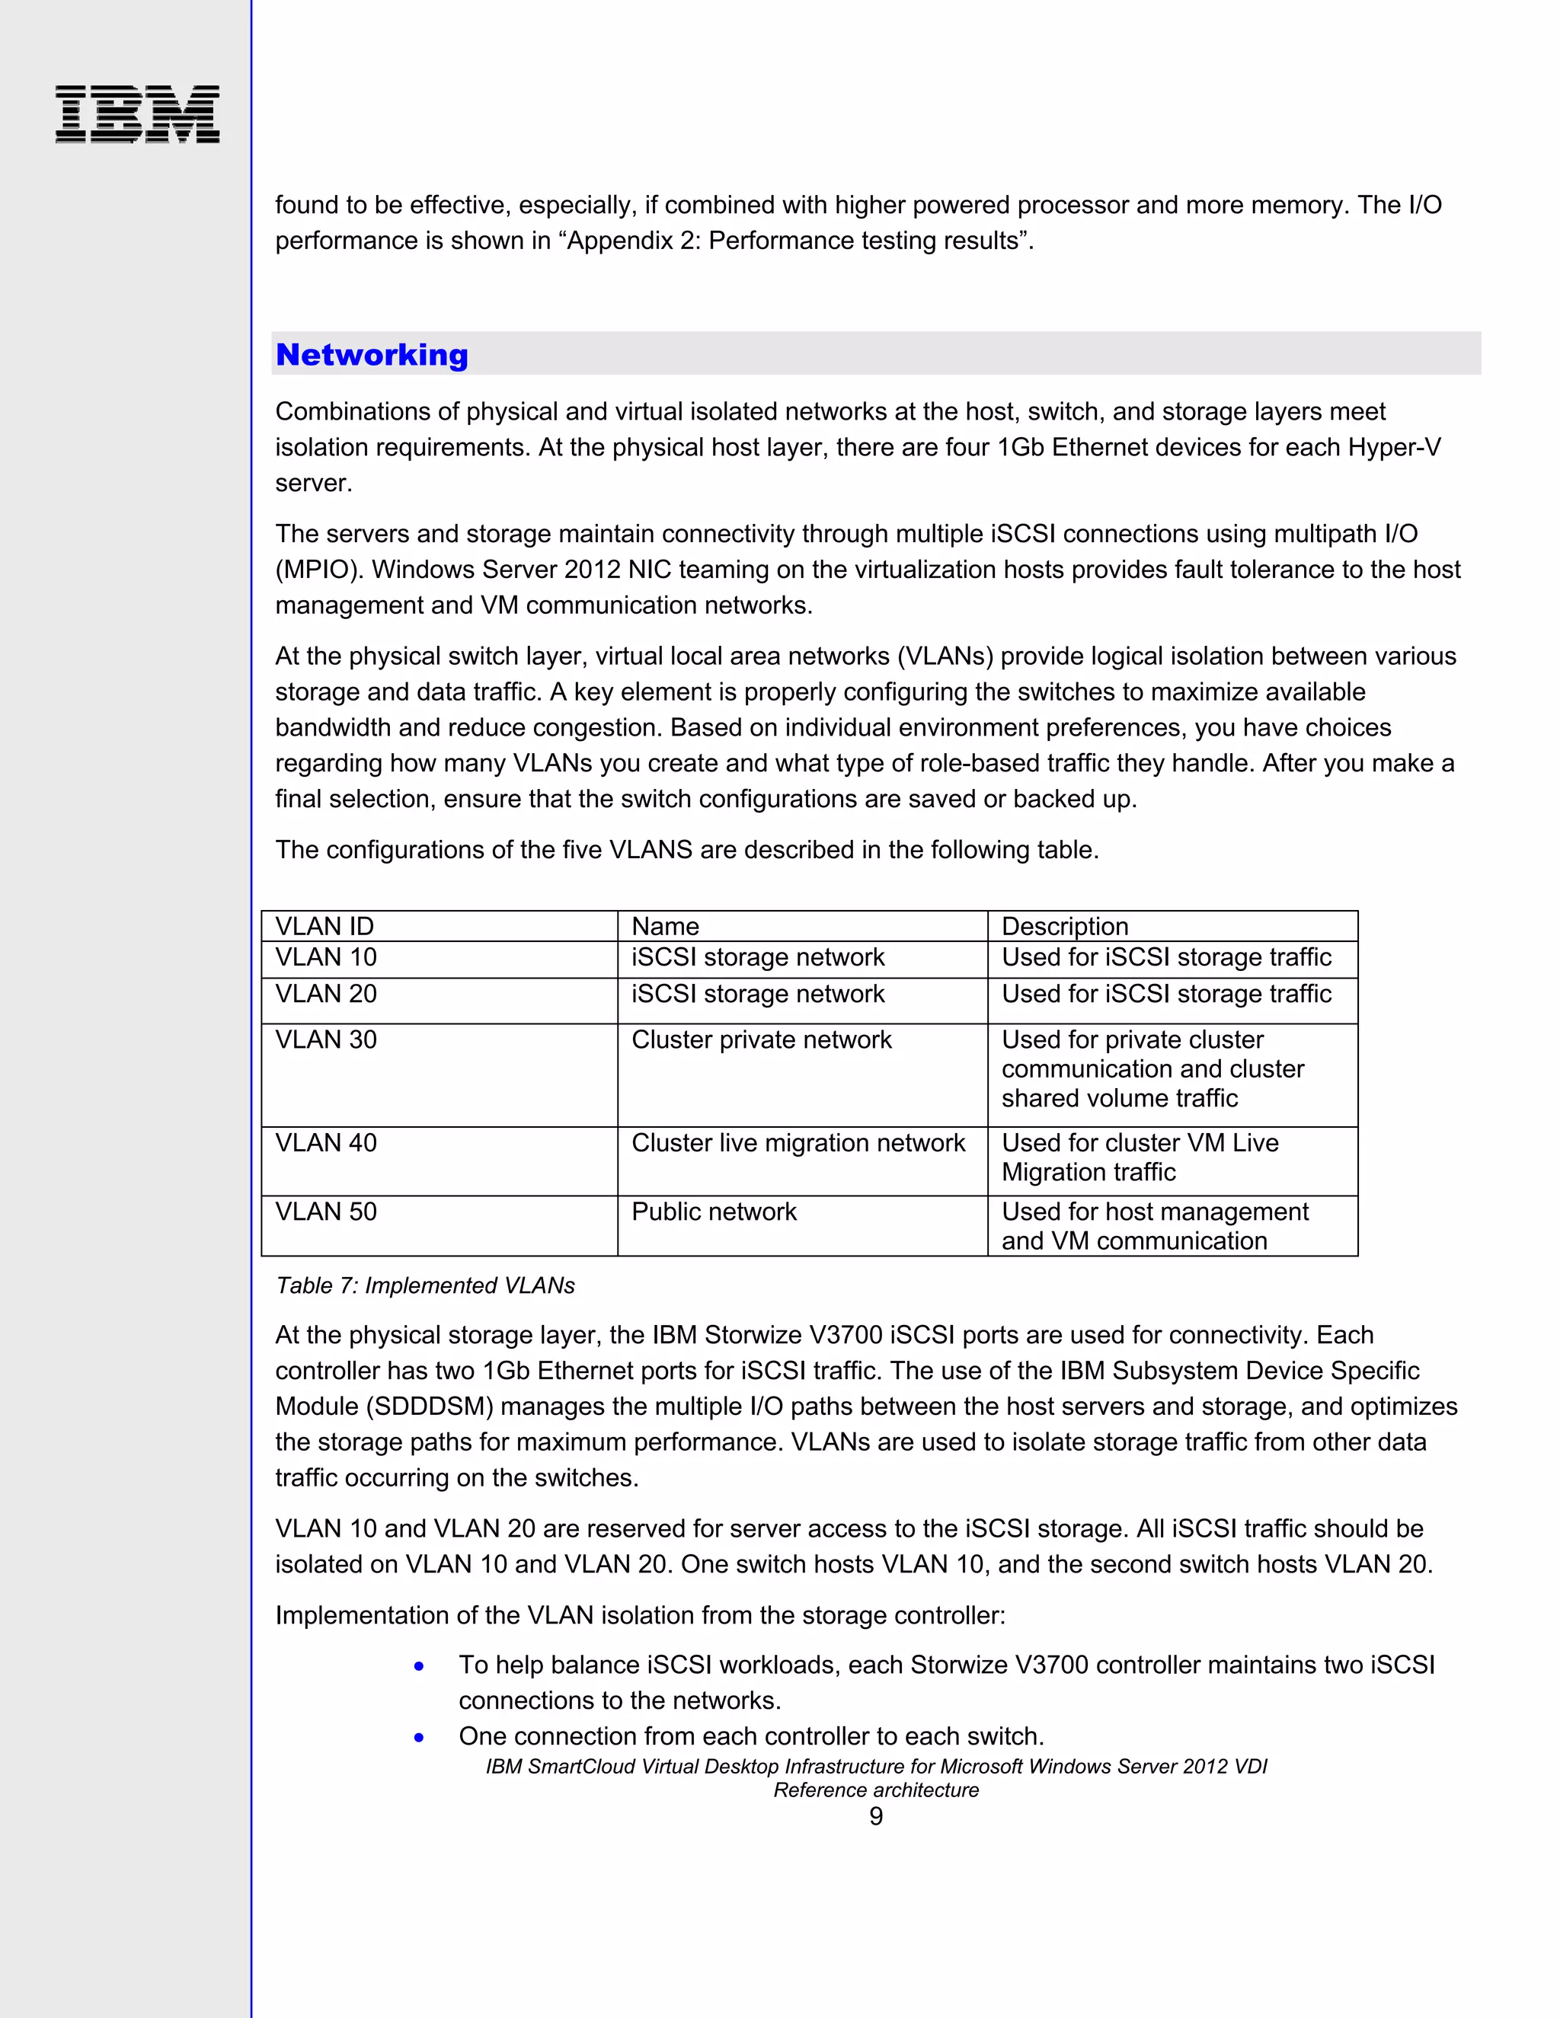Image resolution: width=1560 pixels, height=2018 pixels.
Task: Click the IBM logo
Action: click(137, 113)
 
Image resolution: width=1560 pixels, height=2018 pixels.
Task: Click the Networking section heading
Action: click(372, 355)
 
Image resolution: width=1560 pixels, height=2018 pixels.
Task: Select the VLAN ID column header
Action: click(324, 926)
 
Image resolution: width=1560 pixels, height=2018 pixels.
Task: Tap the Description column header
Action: click(1065, 926)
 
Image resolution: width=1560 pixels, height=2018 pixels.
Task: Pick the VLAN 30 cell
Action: click(326, 1039)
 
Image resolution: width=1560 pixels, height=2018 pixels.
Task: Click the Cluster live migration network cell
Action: click(798, 1143)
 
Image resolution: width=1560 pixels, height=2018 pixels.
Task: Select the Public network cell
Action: click(714, 1212)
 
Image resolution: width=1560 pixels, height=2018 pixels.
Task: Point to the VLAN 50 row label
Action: click(326, 1212)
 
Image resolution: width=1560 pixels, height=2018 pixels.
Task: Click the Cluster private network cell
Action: click(762, 1039)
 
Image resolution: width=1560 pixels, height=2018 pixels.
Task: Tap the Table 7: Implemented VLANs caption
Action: click(425, 1285)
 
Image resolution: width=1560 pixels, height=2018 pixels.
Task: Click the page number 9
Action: click(875, 1816)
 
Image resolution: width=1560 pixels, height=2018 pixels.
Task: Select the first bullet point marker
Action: click(420, 1666)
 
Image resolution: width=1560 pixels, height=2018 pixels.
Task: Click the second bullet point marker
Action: click(420, 1737)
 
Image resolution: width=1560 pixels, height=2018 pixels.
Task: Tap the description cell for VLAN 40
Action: click(1140, 1157)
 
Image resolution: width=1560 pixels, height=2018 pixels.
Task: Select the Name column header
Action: click(666, 926)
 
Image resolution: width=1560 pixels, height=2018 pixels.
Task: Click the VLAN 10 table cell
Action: click(326, 957)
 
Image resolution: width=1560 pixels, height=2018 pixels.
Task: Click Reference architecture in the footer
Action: click(875, 1790)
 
